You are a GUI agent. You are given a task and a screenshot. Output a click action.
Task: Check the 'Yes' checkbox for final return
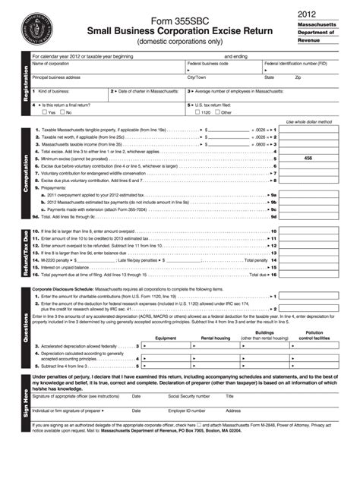tap(44, 112)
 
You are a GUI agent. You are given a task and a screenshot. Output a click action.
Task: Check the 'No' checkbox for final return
tap(62, 112)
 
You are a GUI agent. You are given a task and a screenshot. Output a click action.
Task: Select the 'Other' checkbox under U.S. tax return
tap(216, 112)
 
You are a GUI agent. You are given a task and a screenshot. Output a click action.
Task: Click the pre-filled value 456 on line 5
tap(308, 158)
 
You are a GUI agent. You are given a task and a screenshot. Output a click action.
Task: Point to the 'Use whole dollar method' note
tap(308, 121)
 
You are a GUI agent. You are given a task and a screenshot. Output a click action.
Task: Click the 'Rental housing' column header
tap(216, 338)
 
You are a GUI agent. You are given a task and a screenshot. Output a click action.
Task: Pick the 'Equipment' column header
tap(166, 338)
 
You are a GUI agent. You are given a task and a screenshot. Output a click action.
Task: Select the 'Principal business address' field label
tap(58, 77)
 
